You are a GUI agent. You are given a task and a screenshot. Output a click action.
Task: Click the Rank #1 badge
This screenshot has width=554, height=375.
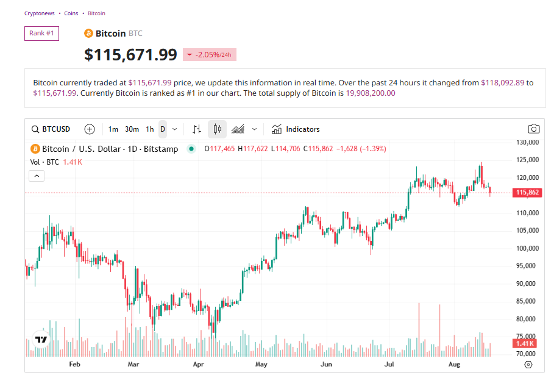point(41,33)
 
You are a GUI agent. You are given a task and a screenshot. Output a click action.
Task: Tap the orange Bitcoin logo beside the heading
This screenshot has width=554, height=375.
point(88,34)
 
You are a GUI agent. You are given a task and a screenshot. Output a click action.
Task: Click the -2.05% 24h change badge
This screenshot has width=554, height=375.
point(209,55)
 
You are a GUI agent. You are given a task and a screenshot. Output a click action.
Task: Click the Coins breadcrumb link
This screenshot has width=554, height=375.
point(71,13)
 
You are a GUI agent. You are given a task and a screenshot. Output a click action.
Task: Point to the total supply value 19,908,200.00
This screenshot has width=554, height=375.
point(371,93)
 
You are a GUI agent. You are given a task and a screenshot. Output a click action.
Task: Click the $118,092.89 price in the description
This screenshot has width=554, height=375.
point(503,82)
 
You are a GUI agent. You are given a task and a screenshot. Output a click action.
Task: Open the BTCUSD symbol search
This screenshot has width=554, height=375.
point(51,129)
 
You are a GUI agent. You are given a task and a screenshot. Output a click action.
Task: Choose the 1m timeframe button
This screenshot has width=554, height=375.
point(113,129)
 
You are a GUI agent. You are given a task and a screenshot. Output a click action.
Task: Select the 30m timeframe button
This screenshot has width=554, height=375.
point(132,129)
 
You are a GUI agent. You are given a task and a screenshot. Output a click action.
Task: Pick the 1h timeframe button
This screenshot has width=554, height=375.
point(150,129)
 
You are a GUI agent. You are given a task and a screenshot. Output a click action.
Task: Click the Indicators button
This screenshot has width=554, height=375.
point(296,129)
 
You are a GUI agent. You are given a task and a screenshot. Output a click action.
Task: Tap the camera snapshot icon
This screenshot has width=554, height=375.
point(534,129)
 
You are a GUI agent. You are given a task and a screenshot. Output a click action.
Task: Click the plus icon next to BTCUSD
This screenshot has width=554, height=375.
point(90,129)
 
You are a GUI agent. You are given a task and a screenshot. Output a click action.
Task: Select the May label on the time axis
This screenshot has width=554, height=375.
point(261,365)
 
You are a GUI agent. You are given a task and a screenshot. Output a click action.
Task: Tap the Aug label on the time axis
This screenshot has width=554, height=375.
point(453,365)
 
